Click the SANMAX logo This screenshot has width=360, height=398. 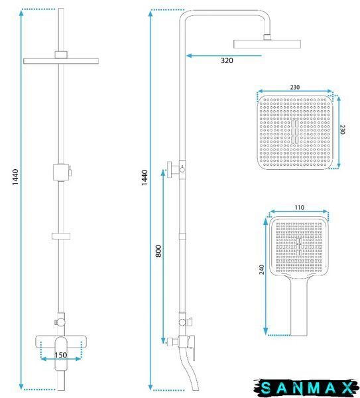tap(307, 387)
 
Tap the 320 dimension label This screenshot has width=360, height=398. tap(227, 60)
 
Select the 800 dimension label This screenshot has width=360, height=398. tap(158, 251)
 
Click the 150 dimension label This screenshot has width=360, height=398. tap(61, 355)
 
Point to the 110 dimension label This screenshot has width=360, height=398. tap(300, 208)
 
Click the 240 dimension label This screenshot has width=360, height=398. tap(262, 269)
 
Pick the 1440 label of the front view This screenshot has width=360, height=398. tap(15, 177)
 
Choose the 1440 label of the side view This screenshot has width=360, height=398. tap(144, 178)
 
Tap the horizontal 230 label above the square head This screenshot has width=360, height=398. tap(295, 87)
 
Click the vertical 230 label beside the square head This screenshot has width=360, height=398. tap(342, 129)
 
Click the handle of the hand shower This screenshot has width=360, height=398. tap(299, 307)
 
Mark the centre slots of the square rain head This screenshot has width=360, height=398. tap(294, 131)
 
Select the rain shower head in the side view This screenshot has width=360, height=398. tap(267, 44)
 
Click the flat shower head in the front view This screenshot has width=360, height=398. tap(61, 61)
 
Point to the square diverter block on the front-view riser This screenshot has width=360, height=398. tap(61, 172)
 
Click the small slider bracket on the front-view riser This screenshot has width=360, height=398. tap(61, 236)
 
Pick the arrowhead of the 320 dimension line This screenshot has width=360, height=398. tap(189, 56)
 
